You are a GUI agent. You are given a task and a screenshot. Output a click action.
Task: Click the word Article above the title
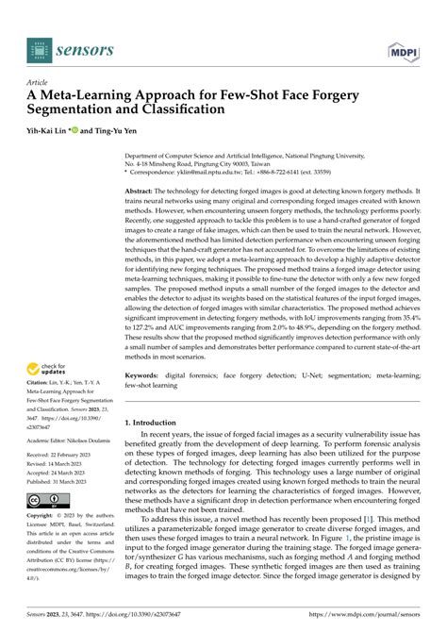38,82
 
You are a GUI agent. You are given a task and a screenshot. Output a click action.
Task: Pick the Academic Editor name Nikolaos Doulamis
99,439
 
